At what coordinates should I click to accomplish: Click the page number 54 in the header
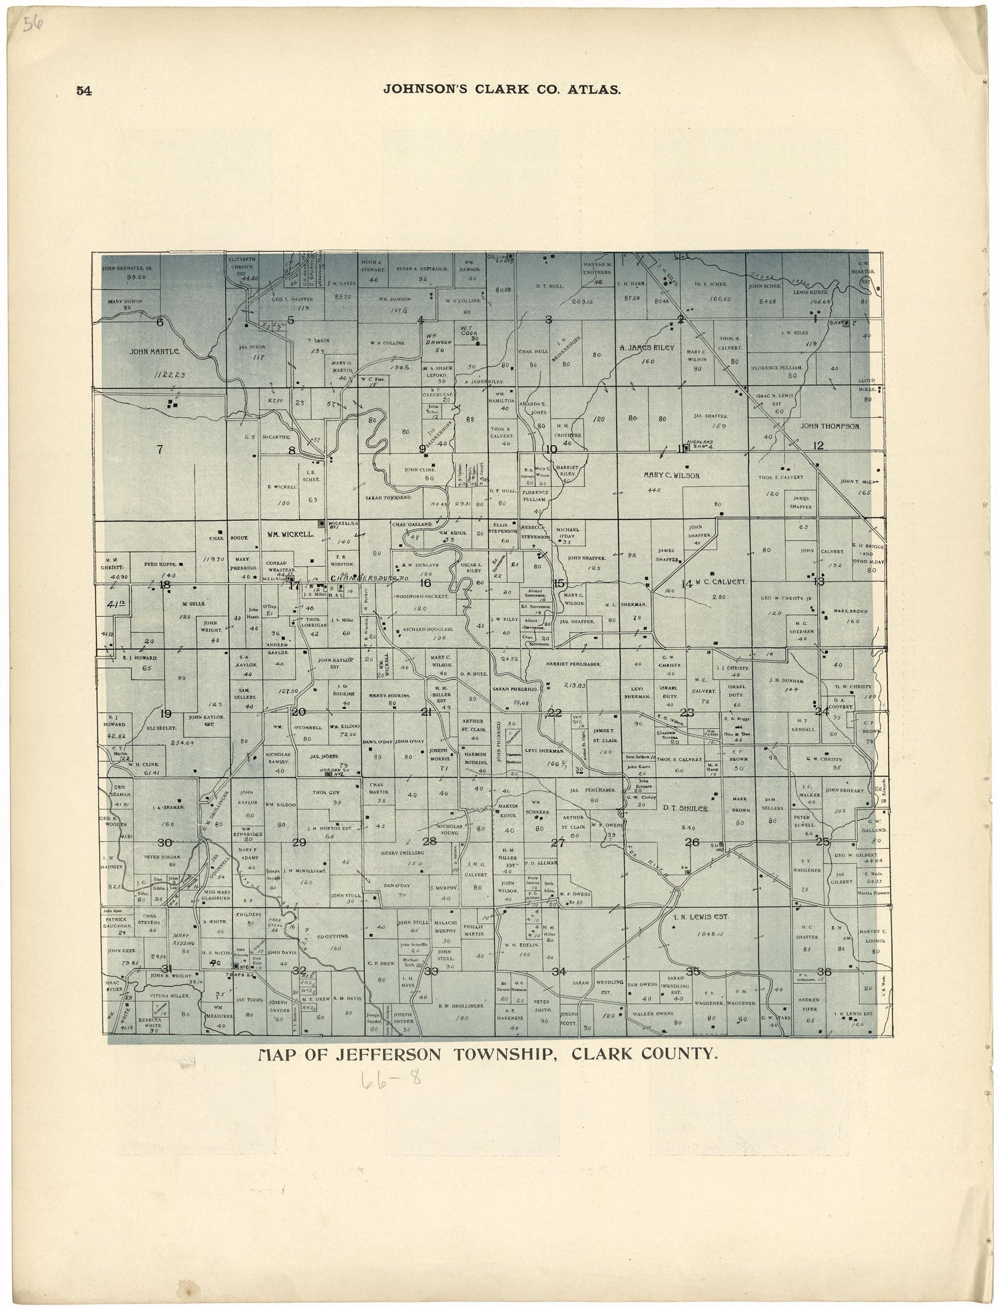84,91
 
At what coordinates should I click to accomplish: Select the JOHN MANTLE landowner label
155,350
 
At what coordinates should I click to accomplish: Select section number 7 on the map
160,449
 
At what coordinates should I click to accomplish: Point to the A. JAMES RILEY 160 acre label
647,348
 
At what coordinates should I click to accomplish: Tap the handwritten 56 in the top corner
31,26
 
